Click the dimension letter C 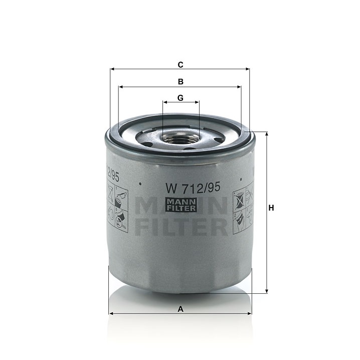coord(181,65)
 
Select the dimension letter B coord(181,82)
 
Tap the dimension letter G coord(181,98)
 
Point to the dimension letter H coord(271,208)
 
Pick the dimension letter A coord(181,309)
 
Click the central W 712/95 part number coord(193,188)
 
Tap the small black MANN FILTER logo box coord(181,205)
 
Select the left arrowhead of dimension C coord(112,69)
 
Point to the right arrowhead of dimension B coord(239,87)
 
